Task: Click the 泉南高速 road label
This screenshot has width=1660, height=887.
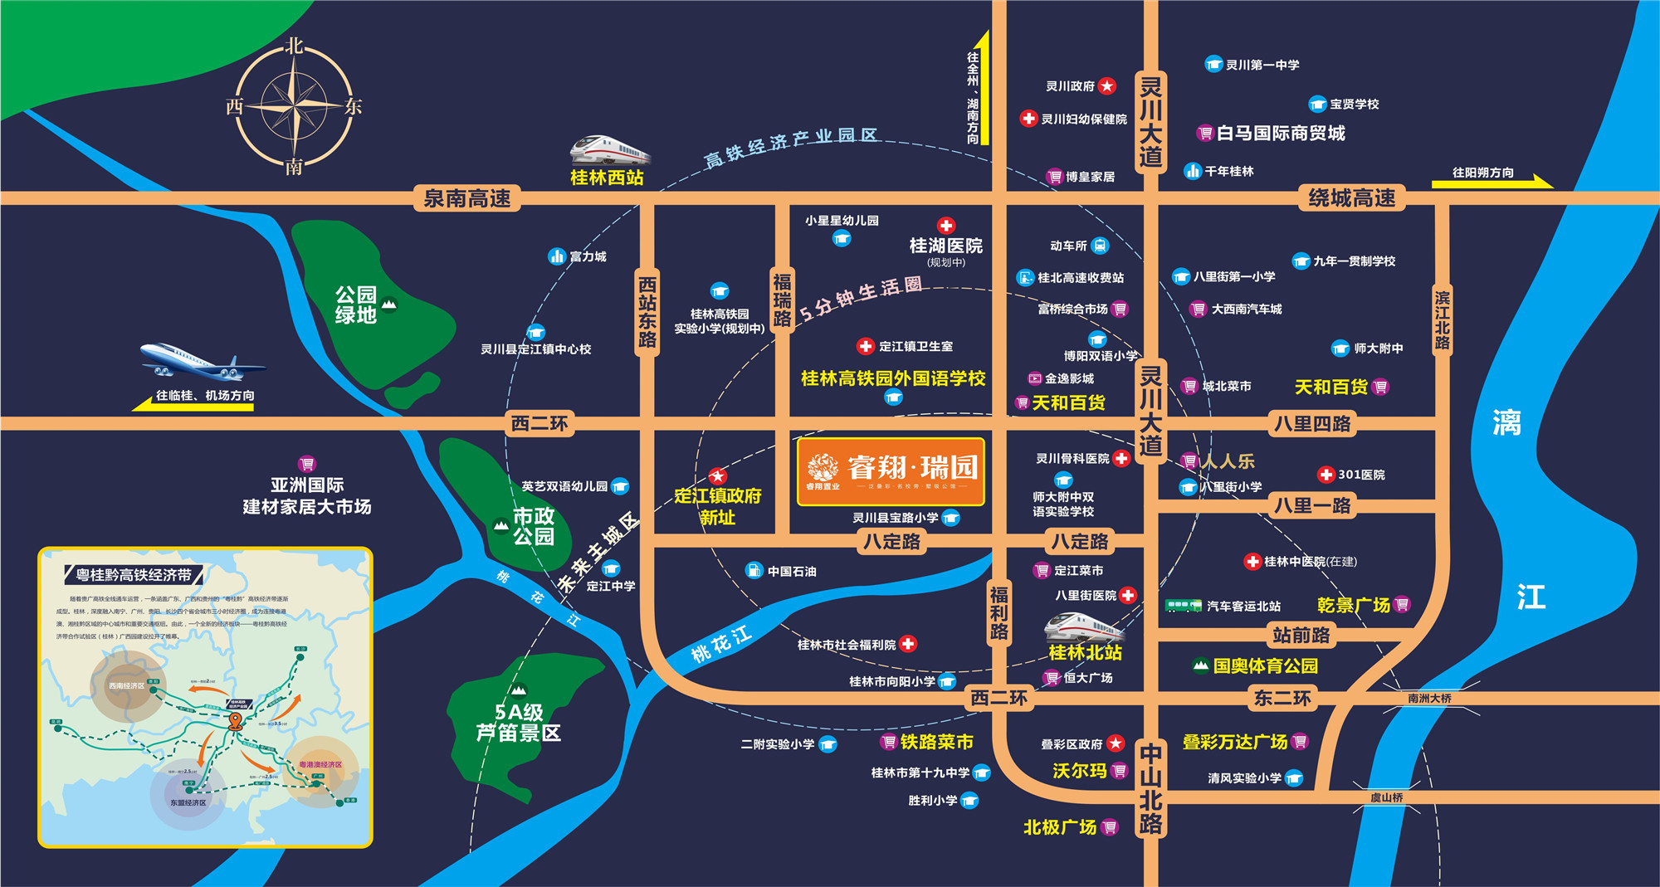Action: click(x=467, y=198)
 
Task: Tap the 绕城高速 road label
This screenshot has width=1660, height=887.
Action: click(x=1351, y=198)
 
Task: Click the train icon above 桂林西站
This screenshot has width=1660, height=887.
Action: click(x=609, y=150)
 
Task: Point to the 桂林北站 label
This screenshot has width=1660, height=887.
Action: click(x=1085, y=653)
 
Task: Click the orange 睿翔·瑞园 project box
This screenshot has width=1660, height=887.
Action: click(x=891, y=471)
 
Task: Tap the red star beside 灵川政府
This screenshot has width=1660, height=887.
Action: click(x=1106, y=86)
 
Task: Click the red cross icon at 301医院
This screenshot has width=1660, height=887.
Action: click(x=1326, y=475)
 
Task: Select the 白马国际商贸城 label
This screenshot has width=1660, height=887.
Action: click(x=1281, y=133)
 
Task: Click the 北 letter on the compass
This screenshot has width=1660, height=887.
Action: click(x=295, y=46)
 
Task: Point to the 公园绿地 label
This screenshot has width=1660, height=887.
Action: click(x=356, y=305)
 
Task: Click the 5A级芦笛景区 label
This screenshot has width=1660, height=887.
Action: click(x=519, y=723)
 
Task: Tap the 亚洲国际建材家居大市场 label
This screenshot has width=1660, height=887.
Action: click(x=307, y=495)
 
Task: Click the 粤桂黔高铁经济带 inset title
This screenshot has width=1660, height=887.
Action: click(x=134, y=575)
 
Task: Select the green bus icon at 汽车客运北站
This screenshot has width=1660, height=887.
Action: click(x=1183, y=606)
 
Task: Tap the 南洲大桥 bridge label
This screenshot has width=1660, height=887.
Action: click(x=1429, y=699)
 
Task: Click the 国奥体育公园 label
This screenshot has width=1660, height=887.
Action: click(x=1265, y=665)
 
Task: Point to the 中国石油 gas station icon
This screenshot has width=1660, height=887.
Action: click(x=754, y=571)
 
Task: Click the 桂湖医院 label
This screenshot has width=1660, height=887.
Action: click(x=945, y=246)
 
